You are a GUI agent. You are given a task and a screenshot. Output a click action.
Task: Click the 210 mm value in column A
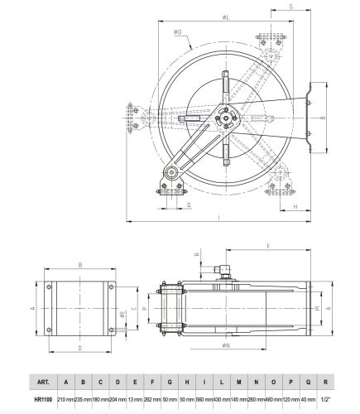(x=65, y=399)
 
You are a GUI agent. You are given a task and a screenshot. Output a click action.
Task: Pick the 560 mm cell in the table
(x=204, y=399)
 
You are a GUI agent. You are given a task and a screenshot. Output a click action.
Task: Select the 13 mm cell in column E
(x=135, y=399)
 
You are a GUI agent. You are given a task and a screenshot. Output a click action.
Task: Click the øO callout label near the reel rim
(x=178, y=32)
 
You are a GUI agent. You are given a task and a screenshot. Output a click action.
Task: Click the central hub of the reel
(x=223, y=120)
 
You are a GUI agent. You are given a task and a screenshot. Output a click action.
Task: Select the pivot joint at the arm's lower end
(x=170, y=174)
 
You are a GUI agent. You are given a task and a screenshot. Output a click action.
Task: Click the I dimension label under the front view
(x=218, y=218)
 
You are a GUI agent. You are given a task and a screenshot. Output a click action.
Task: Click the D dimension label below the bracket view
(x=79, y=349)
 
